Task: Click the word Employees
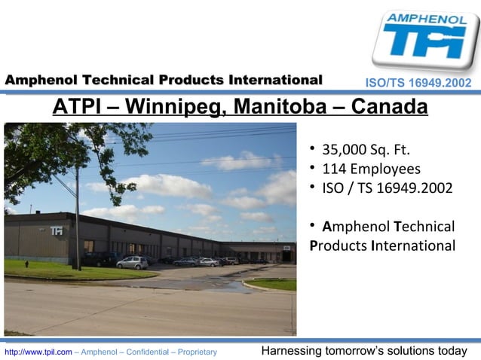coord(385,169)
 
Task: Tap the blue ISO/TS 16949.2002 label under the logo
coord(418,81)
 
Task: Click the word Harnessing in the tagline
coord(290,351)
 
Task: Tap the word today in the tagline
coord(452,351)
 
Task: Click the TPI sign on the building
coord(56,231)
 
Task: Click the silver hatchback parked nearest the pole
coord(132,262)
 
